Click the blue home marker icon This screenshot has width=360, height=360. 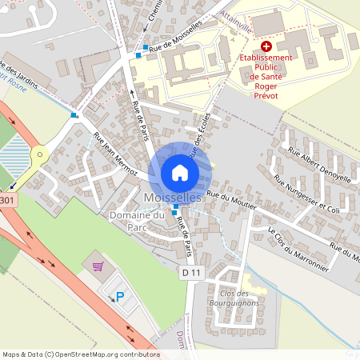pyautogui.click(x=180, y=172)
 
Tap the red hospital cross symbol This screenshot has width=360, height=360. pyautogui.click(x=266, y=47)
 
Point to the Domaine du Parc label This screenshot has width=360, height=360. pyautogui.click(x=137, y=221)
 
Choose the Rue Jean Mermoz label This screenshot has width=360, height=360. pyautogui.click(x=116, y=154)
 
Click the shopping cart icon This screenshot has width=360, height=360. pyautogui.click(x=98, y=266)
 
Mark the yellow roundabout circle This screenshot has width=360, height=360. pyautogui.click(x=37, y=154)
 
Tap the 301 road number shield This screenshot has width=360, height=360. pyautogui.click(x=7, y=200)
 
